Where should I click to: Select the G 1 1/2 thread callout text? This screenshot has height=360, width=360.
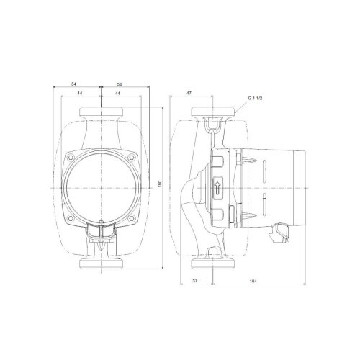[255, 99]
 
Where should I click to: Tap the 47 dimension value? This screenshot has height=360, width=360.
[189, 93]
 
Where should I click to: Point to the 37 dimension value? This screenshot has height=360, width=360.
[195, 281]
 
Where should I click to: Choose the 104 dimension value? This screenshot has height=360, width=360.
[253, 281]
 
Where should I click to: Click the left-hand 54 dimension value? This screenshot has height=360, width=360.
[73, 84]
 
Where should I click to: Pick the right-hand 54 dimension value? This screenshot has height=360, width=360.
[120, 84]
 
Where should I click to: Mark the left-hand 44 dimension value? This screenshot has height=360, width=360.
[80, 93]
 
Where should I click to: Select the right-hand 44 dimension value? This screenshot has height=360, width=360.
[117, 93]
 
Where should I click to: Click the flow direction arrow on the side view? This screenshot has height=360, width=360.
[217, 188]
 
